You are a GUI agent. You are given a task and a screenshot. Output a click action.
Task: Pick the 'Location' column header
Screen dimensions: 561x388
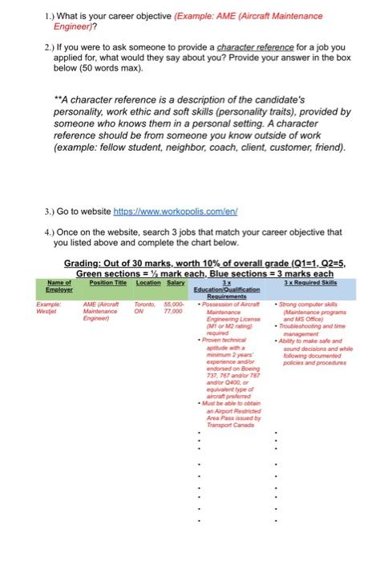point(148,282)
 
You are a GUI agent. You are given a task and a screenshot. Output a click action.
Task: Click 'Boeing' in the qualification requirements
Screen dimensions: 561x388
point(240,371)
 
